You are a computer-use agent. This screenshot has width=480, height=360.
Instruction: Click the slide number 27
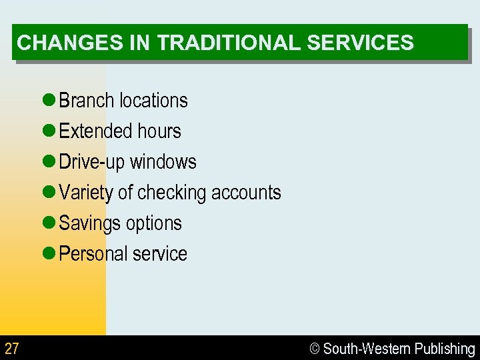click(12, 348)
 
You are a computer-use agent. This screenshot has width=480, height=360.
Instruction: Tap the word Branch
click(87, 101)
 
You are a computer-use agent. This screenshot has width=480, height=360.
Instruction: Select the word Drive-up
click(92, 162)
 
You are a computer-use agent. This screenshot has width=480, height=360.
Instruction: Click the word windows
click(163, 162)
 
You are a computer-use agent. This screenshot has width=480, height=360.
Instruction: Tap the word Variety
click(86, 193)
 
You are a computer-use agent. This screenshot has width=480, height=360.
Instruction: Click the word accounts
click(246, 193)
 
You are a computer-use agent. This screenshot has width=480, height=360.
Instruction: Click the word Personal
click(93, 254)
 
